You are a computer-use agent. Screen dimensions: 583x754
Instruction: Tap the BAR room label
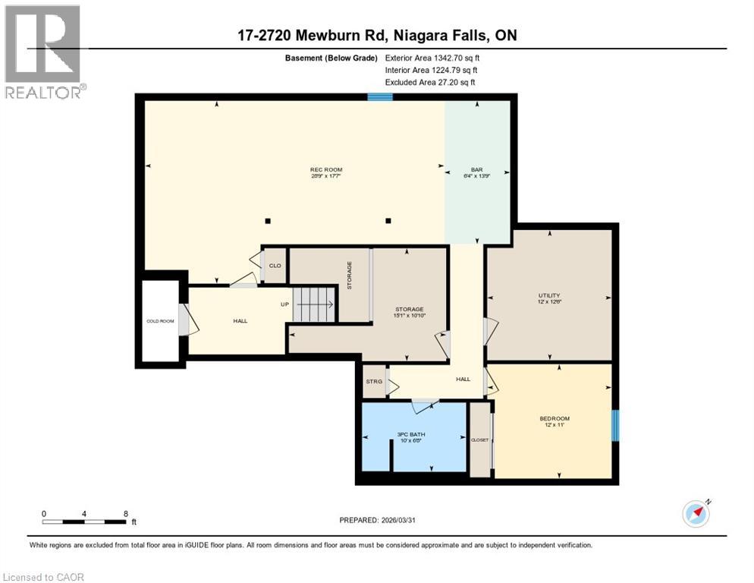[477, 169]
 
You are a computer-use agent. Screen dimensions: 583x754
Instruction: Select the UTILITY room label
[549, 295]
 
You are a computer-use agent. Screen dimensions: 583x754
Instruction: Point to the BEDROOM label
[554, 418]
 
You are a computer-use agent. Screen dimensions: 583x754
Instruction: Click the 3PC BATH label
[412, 434]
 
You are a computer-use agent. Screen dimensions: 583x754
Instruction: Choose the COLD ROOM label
[160, 320]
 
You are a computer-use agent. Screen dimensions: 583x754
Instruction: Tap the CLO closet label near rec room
[275, 265]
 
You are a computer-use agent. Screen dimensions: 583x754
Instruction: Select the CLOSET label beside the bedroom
[480, 440]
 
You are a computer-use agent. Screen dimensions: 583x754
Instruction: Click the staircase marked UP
[314, 304]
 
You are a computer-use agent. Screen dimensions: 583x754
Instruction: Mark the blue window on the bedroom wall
[615, 425]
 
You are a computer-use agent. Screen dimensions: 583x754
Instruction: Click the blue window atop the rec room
[380, 96]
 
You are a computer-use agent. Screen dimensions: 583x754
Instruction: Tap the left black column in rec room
[267, 221]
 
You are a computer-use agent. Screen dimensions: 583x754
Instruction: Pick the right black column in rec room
[388, 221]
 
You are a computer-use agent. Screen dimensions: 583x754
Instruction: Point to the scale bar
[84, 522]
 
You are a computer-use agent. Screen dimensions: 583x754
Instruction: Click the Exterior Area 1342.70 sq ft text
[432, 57]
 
